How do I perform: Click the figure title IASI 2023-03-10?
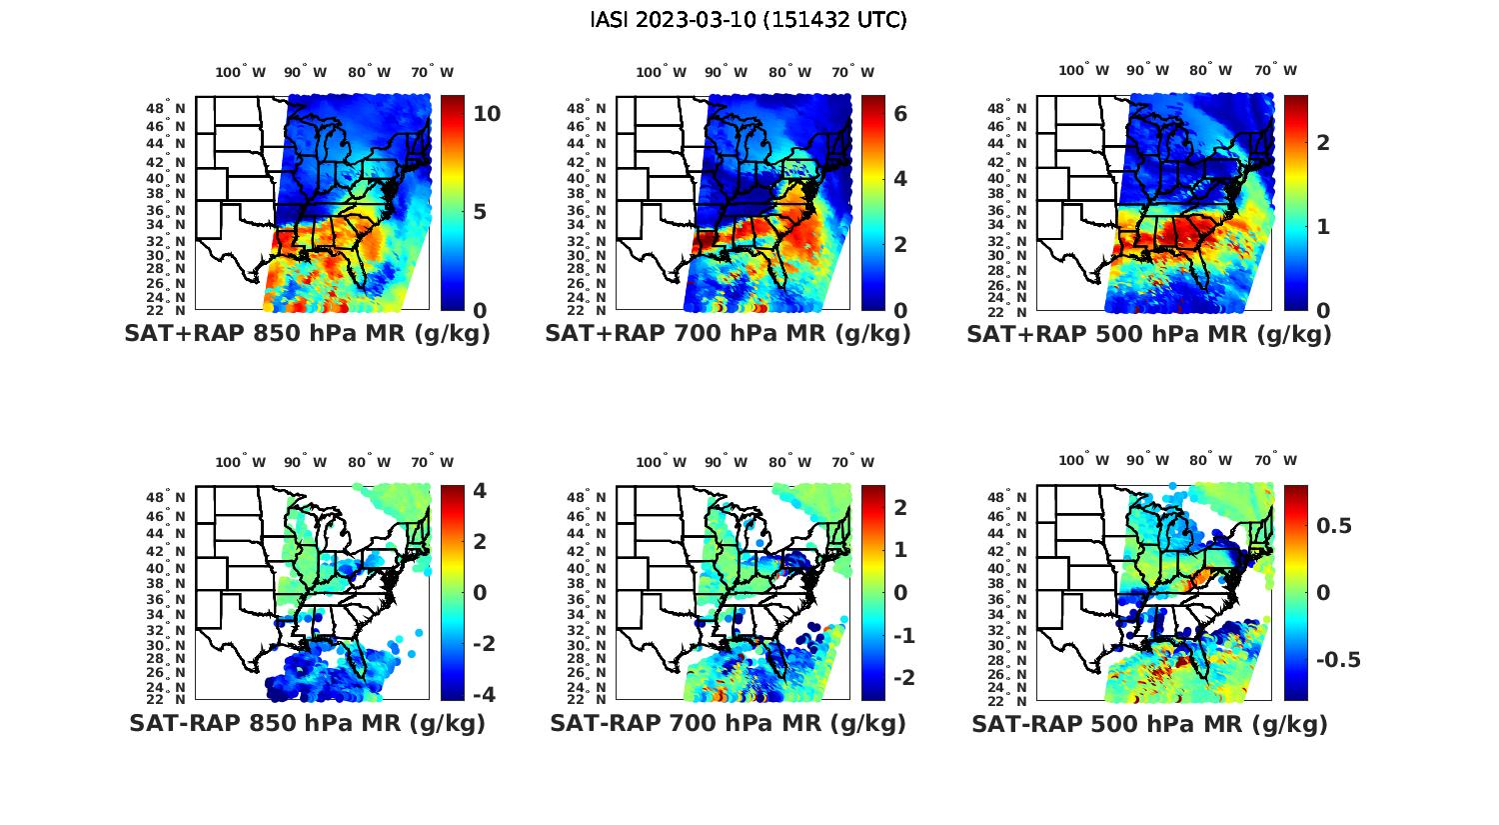point(749,20)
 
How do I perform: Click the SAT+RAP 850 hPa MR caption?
point(307,334)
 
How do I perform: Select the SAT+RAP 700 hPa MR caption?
point(728,334)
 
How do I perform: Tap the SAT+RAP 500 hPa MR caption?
point(1149,334)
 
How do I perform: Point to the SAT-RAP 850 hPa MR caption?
point(307,723)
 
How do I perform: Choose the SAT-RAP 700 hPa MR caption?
point(728,723)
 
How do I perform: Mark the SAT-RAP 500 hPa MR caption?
point(1149,723)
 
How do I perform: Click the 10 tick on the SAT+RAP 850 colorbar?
point(487,114)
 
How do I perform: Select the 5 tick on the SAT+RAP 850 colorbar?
point(480,212)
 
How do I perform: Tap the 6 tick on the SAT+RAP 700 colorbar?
point(900,114)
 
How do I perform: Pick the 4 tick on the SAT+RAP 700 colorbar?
point(900,179)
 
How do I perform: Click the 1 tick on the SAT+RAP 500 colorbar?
point(1323,227)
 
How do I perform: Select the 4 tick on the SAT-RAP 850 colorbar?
point(480,491)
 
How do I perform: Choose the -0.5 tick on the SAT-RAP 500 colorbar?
point(1338,660)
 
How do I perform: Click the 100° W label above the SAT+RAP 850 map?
point(240,72)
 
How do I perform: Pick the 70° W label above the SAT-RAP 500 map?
point(1275,461)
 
